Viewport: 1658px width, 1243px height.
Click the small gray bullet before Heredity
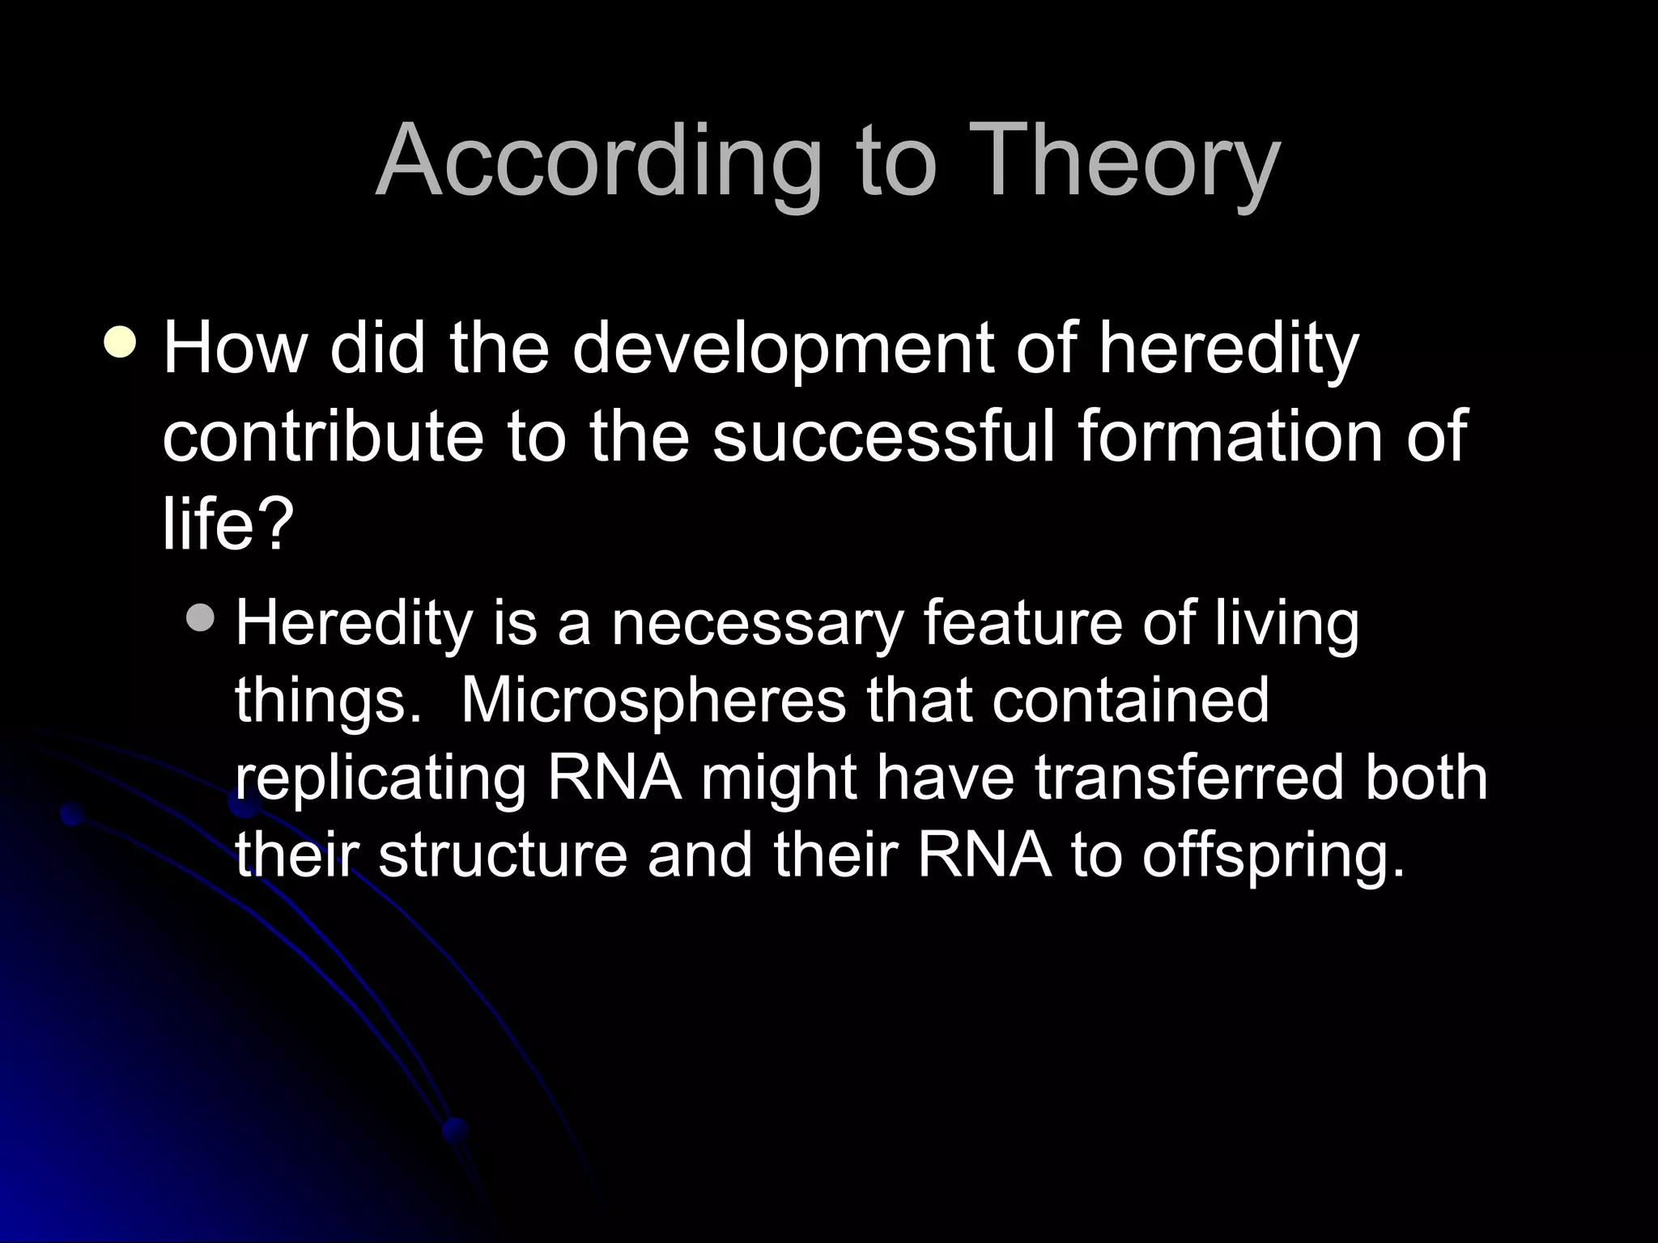[x=199, y=620]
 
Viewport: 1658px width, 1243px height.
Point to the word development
[x=782, y=350]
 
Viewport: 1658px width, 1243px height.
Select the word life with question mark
[x=224, y=524]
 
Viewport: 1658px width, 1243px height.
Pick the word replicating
[x=380, y=778]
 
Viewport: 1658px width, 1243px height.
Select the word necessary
[x=756, y=623]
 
